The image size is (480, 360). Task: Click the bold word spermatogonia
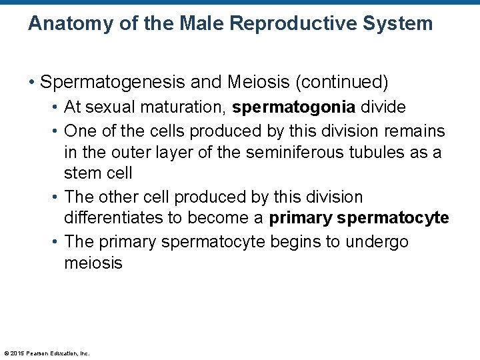[294, 107]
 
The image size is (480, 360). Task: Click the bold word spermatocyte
[393, 219]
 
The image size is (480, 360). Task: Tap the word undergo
[377, 241]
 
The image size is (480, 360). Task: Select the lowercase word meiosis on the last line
[93, 263]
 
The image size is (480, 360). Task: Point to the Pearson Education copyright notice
[47, 353]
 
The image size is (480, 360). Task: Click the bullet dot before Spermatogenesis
[31, 83]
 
